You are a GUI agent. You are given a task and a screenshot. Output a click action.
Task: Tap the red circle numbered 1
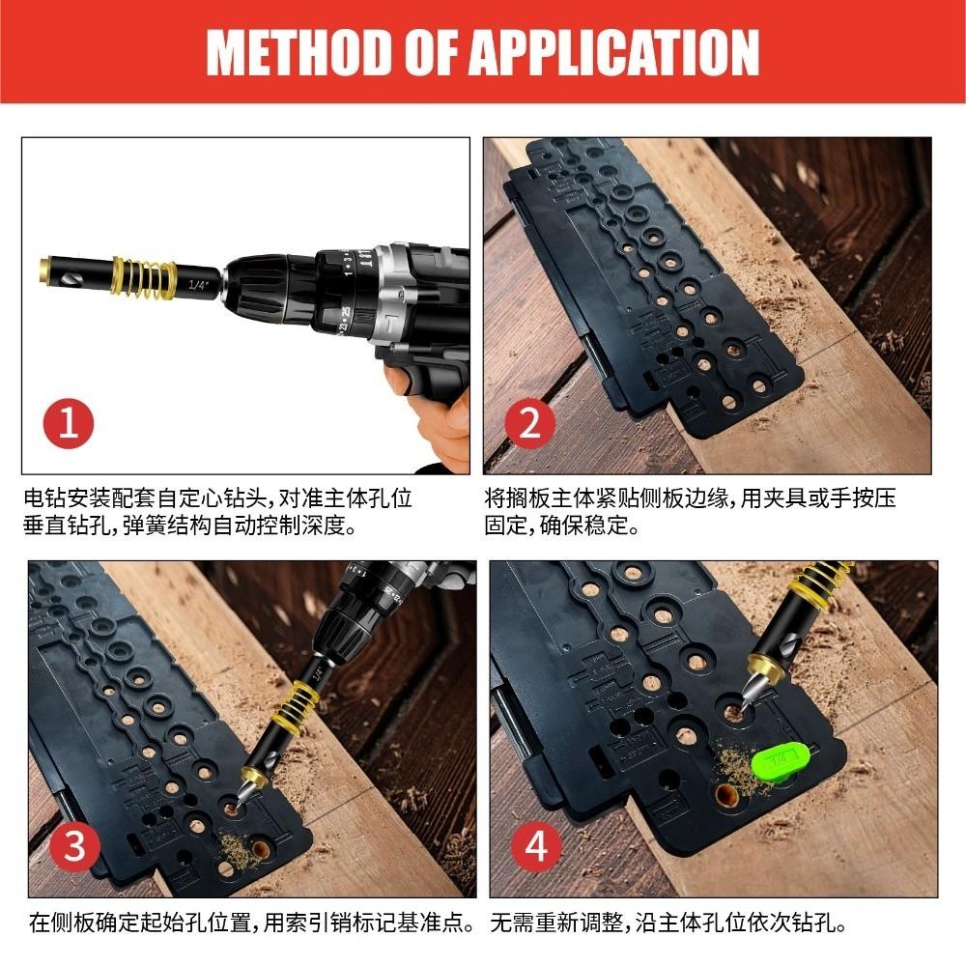click(69, 424)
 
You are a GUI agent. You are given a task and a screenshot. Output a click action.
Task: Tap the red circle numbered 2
click(530, 424)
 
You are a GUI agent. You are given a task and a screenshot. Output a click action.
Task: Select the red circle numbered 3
click(74, 847)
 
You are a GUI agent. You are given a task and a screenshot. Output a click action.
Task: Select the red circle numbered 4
click(537, 847)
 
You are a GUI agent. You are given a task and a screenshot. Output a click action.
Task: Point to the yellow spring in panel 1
click(144, 277)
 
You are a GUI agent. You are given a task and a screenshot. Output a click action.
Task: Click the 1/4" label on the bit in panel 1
click(199, 285)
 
